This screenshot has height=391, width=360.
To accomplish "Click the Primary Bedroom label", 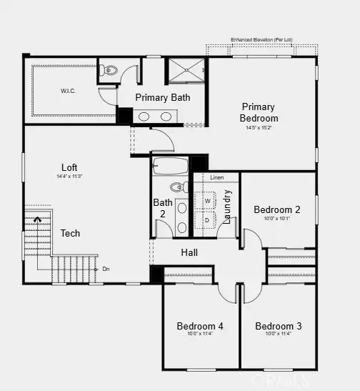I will [x=259, y=112].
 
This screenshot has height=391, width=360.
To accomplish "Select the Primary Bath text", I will [x=162, y=97].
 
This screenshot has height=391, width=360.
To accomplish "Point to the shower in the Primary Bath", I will [x=186, y=71].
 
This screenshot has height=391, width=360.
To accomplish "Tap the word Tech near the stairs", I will [x=70, y=233].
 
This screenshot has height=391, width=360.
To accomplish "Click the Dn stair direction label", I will [x=106, y=269].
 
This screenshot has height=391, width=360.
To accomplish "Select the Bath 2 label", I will [x=163, y=208].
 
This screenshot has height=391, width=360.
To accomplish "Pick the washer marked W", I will [x=208, y=201].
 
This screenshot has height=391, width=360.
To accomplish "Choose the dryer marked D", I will [x=208, y=220].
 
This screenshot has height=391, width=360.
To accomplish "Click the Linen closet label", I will [x=216, y=177].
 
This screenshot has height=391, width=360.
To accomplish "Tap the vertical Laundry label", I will [x=228, y=207].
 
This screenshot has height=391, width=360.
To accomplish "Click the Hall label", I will [x=189, y=252].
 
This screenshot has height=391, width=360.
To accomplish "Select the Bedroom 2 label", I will [x=276, y=209].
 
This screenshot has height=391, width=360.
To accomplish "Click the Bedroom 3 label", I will [x=278, y=326].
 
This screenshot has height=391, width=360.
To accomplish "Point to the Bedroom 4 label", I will [x=200, y=326].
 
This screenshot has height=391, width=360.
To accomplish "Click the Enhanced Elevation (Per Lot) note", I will [x=261, y=39].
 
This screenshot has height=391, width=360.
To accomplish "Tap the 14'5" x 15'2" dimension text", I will [x=259, y=127].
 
